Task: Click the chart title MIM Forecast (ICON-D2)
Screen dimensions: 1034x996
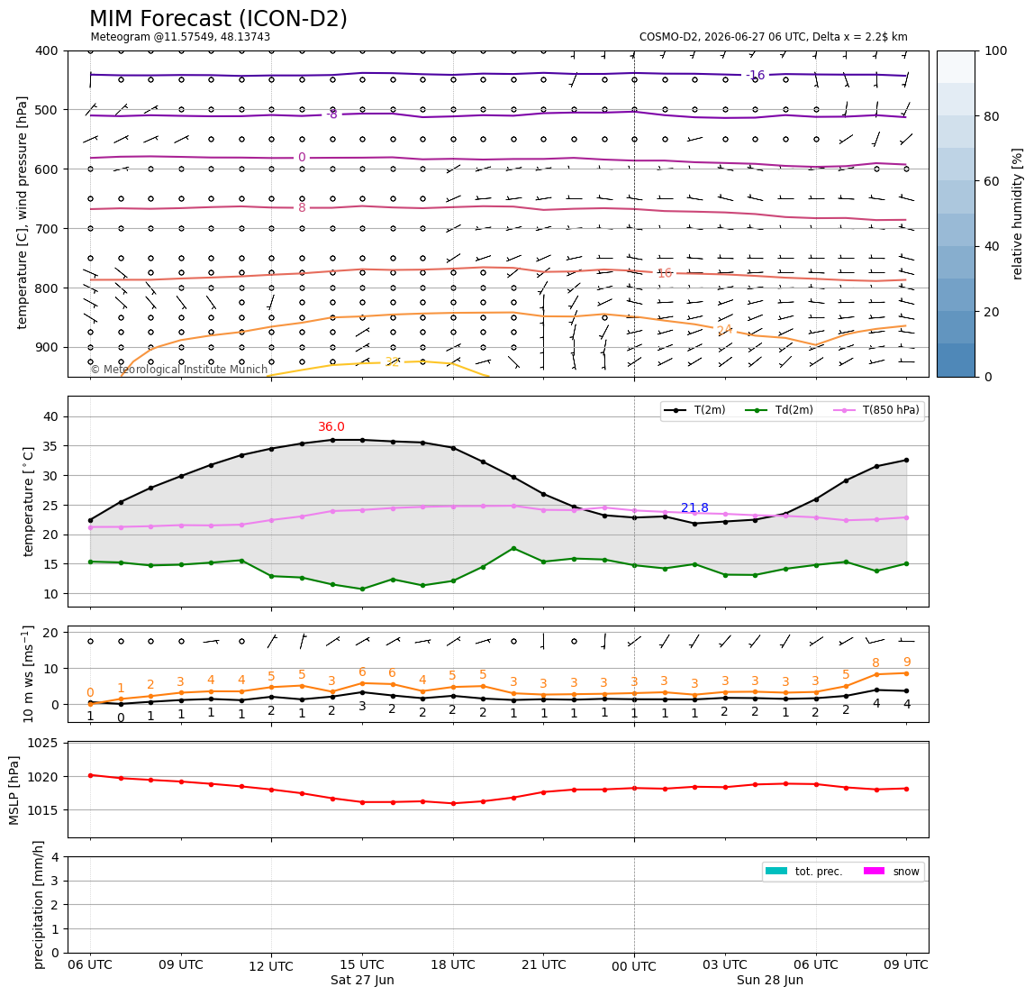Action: click(x=218, y=19)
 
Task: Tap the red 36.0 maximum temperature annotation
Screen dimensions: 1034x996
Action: click(x=331, y=427)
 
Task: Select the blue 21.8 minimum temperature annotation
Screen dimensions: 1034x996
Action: click(x=694, y=507)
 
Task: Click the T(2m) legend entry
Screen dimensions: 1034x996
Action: click(x=694, y=410)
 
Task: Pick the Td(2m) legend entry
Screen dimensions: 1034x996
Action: click(x=779, y=410)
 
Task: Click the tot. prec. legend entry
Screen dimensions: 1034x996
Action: click(x=803, y=872)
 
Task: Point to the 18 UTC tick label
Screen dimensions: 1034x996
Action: click(x=453, y=964)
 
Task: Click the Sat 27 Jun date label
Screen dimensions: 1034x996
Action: click(x=362, y=980)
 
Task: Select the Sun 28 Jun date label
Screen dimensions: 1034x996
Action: click(x=769, y=980)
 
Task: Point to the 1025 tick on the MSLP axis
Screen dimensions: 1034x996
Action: click(x=43, y=744)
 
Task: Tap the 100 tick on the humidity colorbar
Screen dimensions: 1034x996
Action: click(x=996, y=50)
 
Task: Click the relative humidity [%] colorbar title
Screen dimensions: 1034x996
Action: click(x=1018, y=214)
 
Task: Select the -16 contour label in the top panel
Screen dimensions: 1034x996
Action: click(x=755, y=75)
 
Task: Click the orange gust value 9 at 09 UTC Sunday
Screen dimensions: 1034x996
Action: click(x=907, y=662)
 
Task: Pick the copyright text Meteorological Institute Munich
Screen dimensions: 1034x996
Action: click(x=178, y=370)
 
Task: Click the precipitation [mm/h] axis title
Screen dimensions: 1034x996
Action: click(x=39, y=905)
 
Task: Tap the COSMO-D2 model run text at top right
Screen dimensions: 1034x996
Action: click(x=774, y=37)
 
